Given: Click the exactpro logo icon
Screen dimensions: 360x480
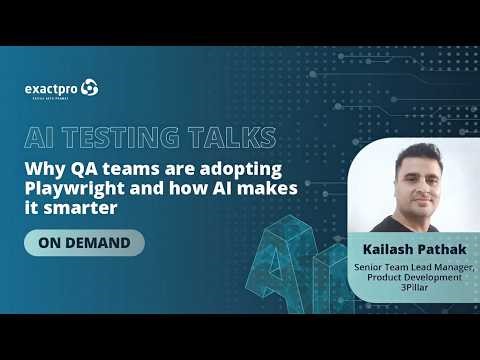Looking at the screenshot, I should tap(90, 88).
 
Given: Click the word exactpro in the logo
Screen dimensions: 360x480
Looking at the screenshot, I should tap(52, 88).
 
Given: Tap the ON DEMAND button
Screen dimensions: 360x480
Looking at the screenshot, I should tap(85, 243).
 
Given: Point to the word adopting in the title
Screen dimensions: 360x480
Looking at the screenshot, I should tap(241, 168).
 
